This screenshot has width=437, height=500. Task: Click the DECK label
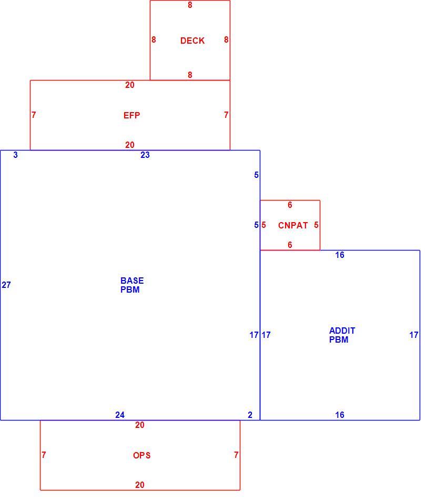[192, 41]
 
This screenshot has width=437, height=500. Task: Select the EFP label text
[131, 115]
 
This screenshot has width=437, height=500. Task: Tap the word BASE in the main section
[132, 281]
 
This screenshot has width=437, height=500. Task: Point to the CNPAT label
[293, 225]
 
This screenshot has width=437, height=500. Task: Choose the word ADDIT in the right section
[342, 331]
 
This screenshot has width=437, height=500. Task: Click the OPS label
[142, 455]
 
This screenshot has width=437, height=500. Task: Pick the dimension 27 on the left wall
[6, 285]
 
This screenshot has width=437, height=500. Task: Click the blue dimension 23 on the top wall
[145, 155]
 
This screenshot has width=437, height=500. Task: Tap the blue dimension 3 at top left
[16, 155]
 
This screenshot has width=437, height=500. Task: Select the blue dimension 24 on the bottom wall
[120, 415]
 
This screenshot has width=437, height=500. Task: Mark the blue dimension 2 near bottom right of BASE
[250, 415]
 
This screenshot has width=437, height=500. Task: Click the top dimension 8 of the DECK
[190, 5]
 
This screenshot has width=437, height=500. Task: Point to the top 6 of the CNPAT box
[290, 205]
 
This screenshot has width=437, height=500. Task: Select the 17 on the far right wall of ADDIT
[414, 335]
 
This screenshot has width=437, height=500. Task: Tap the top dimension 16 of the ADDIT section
[340, 255]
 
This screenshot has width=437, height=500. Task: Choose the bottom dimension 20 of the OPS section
[139, 485]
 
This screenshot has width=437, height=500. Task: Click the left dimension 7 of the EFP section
[34, 115]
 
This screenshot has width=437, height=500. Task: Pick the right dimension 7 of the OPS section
[236, 455]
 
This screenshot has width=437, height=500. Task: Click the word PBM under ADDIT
[339, 339]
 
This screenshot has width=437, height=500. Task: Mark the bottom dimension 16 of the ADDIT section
[340, 415]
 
